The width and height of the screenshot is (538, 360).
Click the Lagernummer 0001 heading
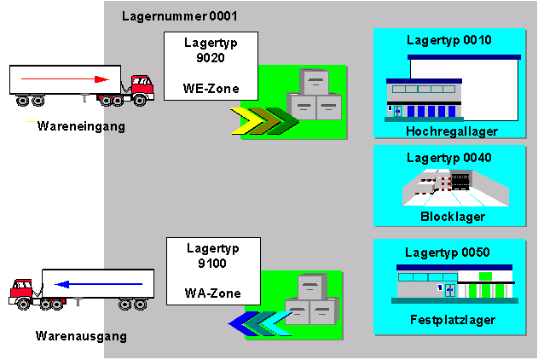(180, 16)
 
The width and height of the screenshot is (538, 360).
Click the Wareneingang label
(75, 127)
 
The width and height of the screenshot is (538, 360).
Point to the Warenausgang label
(81, 336)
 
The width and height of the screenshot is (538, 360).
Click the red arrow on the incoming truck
(65, 79)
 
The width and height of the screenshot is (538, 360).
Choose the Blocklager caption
(453, 217)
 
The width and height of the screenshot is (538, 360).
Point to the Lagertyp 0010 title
(448, 39)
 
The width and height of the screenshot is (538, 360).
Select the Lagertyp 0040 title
(448, 158)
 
